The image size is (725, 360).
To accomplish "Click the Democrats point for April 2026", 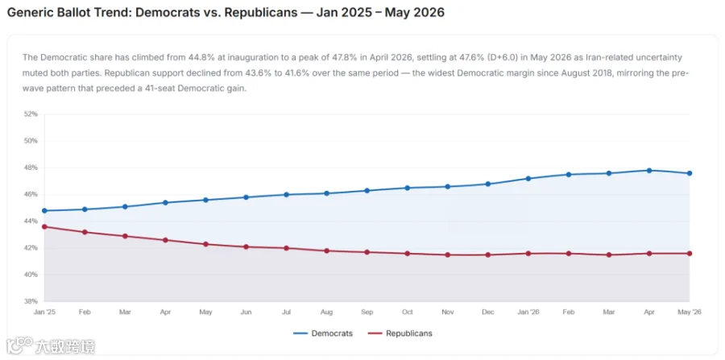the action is coord(649,171).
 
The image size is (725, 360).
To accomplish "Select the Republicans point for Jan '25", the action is coord(44,226).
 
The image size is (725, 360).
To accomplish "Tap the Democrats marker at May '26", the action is coord(690,173).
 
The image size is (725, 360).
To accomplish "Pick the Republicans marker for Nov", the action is coord(448,254).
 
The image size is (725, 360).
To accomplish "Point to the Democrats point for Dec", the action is coord(488,184).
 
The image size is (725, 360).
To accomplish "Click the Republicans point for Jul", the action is coord(287,248).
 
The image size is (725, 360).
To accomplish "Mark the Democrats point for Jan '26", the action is coord(528,178).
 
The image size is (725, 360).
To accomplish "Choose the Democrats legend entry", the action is coord(323,333).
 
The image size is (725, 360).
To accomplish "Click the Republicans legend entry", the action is coord(400,333).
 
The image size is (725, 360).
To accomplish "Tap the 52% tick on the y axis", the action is coord(31,114).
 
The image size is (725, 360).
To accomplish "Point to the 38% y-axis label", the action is coord(31,301).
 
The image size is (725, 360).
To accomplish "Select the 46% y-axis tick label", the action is coord(31,195).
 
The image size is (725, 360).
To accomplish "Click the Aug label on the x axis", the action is coord(326,312).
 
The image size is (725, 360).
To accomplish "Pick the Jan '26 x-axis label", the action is coord(528,312).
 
